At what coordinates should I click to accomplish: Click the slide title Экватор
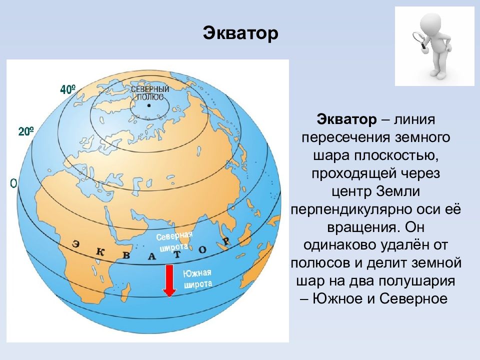pos(240,33)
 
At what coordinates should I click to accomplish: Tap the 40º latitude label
pos(68,89)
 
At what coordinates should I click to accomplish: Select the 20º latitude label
pos(26,131)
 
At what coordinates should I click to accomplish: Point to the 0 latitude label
pos(13,183)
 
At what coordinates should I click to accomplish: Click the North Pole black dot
pos(149,105)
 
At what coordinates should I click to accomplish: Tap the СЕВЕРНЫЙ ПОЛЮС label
pos(150,93)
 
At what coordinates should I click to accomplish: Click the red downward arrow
pos(169,280)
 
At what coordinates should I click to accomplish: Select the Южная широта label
pos(197,279)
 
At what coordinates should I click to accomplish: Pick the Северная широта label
pos(174,241)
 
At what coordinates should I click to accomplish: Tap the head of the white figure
pos(431,22)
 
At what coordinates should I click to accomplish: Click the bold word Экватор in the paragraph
pos(346,119)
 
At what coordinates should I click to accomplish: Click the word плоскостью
pos(396,155)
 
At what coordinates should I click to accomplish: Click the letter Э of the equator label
pos(75,244)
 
